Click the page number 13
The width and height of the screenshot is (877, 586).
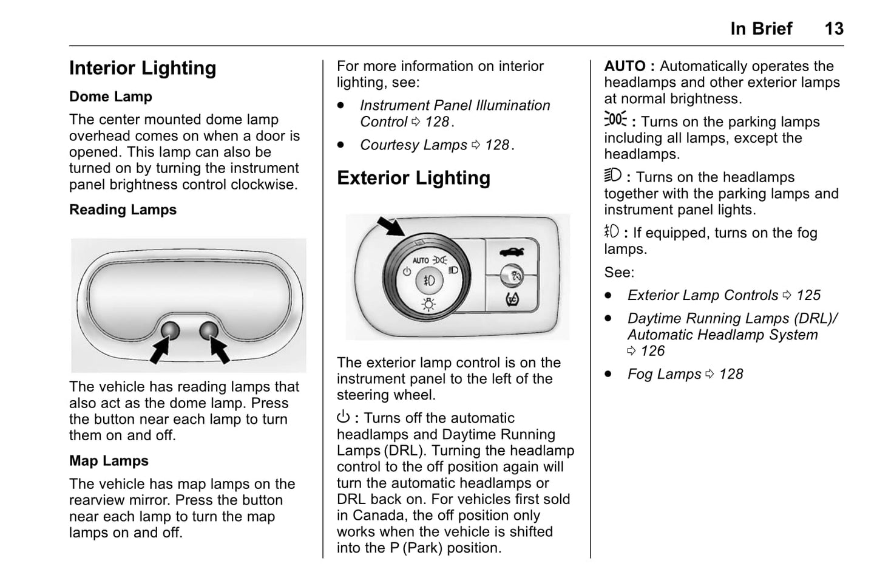click(x=833, y=29)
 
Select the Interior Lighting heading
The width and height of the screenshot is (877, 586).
click(x=143, y=68)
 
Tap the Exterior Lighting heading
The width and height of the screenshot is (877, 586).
click(x=413, y=178)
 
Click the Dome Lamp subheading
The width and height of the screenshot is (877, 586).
click(x=110, y=97)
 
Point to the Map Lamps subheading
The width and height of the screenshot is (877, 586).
click(x=109, y=461)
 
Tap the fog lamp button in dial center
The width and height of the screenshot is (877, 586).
click(x=428, y=281)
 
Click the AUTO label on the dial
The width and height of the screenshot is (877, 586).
click(x=420, y=261)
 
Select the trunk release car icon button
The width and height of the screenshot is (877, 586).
click(x=512, y=251)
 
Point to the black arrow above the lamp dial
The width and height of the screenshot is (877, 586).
click(x=390, y=226)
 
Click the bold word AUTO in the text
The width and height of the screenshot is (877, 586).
click(x=625, y=66)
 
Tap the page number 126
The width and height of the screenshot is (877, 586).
click(x=652, y=351)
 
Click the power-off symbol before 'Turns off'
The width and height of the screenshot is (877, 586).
click(x=344, y=418)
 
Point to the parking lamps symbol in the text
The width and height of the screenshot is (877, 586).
click(x=615, y=119)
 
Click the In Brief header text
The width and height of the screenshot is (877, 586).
click(x=761, y=29)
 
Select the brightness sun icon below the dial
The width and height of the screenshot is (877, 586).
click(x=428, y=304)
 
